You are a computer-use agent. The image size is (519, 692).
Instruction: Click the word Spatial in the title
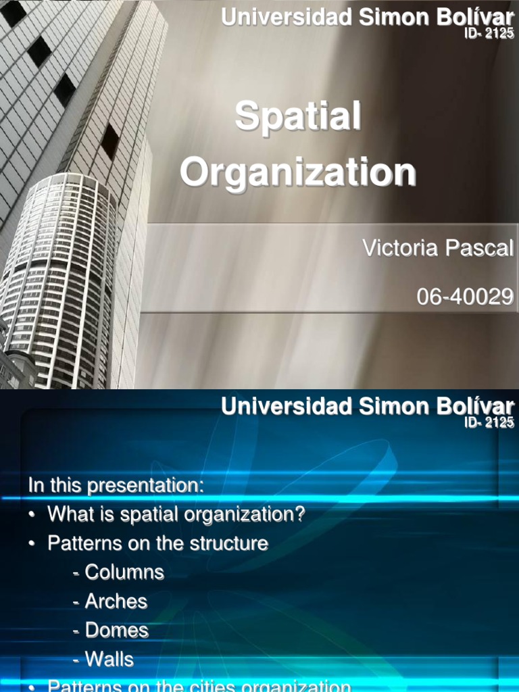coord(297,117)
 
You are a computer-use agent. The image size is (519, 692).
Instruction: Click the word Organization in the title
coord(297,172)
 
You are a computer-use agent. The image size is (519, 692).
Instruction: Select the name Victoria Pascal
coord(438,248)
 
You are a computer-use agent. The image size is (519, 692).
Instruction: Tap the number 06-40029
coord(465,296)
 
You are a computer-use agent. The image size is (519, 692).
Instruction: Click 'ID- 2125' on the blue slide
coord(489,422)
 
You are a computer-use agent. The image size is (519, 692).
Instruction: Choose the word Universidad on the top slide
coord(287,18)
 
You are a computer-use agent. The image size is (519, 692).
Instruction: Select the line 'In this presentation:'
coord(116,485)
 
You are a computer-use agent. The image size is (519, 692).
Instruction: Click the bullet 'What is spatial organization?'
coord(176,514)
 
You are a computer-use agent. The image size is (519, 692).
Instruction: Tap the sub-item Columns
coord(124,572)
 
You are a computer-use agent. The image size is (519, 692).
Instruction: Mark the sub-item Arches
coord(116,601)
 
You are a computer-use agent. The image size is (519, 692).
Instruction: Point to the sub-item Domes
coord(116,631)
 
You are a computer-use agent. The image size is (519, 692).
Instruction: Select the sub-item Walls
coord(109,659)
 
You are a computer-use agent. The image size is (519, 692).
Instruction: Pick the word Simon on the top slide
coord(391,18)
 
